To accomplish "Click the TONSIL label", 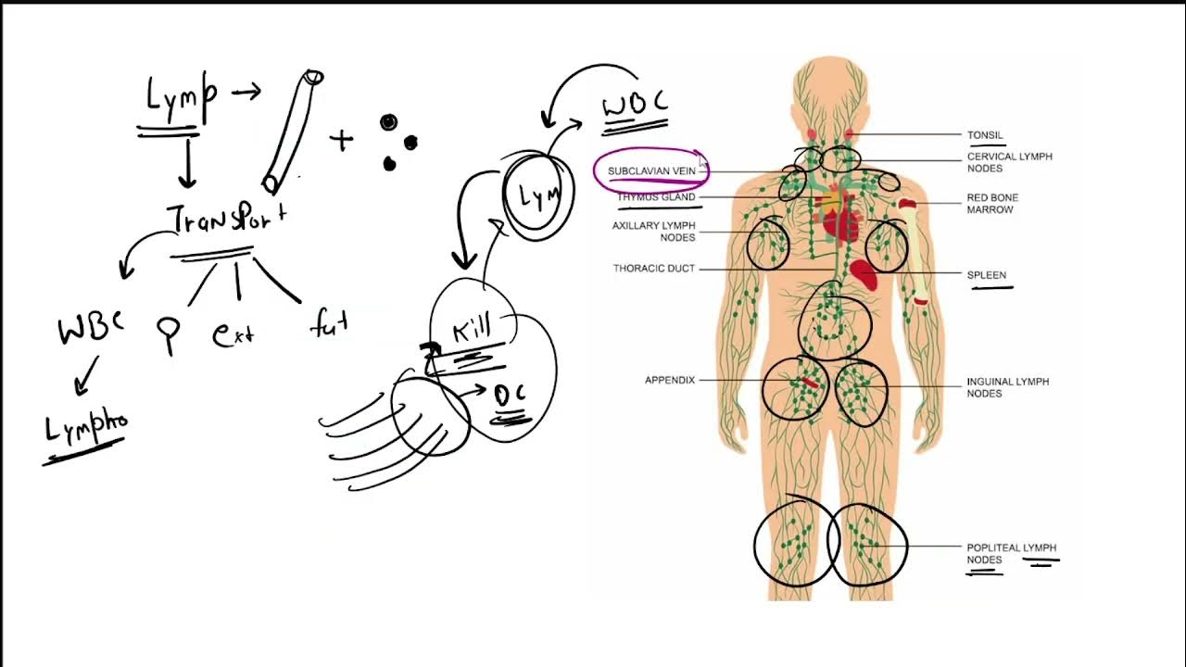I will coord(985,135).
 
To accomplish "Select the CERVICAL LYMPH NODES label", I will coord(1009,163).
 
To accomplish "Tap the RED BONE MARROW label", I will coord(992,204).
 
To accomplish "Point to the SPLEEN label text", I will coord(986,275).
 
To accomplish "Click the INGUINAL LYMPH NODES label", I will coord(1007,387).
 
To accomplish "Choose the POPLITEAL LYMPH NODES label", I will coord(1011,554).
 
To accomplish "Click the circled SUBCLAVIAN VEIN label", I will coord(651,171).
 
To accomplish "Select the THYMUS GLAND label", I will coord(656,197).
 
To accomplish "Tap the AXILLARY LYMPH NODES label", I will coord(653,232).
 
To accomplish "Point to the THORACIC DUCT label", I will coord(653,269).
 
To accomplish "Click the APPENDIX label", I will coord(669,380).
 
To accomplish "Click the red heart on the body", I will coord(839,222).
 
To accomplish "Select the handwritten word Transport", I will coord(227,218).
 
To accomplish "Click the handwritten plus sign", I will coord(341,141).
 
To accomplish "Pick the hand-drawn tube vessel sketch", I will coord(292,130).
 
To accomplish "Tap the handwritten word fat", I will coord(329,324).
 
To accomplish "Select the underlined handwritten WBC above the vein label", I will coord(636,104).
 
